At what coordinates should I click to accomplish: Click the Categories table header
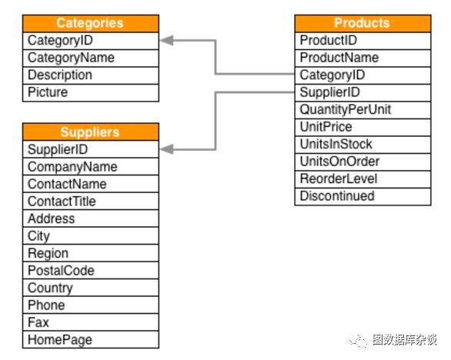coord(91,23)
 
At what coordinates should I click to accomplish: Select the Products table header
coord(362,23)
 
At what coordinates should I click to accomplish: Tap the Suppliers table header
coord(91,132)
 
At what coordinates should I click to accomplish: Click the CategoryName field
coord(91,58)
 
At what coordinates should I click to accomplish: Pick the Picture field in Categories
coord(91,92)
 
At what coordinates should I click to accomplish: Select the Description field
coord(91,75)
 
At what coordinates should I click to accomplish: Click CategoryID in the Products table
coord(362,75)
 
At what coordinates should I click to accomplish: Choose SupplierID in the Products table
coord(362,92)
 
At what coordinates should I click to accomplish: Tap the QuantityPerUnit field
coord(362,110)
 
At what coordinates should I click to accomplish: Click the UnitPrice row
coord(362,127)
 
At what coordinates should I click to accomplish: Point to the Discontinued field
coord(362,196)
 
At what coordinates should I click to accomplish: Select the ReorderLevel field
coord(362,179)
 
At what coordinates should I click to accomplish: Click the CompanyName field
coord(91,167)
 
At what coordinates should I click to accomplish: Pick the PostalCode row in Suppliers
coord(91,270)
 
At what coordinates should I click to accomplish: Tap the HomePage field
coord(91,339)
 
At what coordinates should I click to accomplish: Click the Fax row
coord(91,322)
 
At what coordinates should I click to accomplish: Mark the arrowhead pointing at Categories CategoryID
coord(167,41)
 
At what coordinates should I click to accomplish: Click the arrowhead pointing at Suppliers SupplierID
coord(167,149)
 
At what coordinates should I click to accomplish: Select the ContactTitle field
coord(91,202)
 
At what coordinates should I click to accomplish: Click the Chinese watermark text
coord(405,340)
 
